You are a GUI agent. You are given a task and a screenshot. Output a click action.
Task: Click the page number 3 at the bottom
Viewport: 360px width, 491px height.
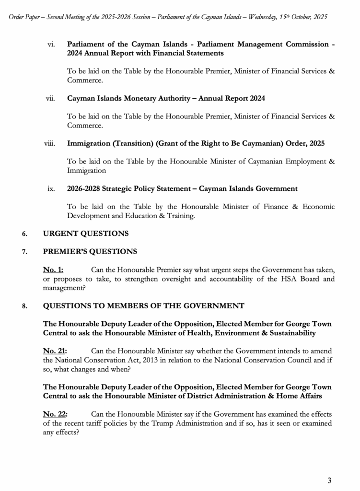point(329,480)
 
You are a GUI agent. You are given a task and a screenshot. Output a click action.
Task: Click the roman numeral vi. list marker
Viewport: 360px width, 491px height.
point(51,44)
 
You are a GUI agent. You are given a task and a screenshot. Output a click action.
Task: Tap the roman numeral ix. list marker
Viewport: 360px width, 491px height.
point(51,188)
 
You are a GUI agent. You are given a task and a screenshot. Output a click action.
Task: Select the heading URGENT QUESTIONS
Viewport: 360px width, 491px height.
point(86,234)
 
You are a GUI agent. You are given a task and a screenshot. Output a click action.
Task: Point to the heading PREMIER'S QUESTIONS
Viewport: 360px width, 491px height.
point(90,251)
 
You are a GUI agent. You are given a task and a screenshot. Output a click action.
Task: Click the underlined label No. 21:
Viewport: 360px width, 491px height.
point(55,351)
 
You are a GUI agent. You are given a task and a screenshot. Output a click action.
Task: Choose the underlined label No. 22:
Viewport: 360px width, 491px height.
point(55,414)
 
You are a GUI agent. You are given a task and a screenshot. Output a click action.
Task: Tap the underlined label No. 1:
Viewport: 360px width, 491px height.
point(53,269)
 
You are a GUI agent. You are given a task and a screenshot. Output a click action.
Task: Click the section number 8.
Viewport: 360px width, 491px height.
point(24,306)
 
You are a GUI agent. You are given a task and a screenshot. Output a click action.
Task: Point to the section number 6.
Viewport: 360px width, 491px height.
point(24,234)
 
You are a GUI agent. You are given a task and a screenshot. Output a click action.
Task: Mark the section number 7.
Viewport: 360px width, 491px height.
point(24,252)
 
